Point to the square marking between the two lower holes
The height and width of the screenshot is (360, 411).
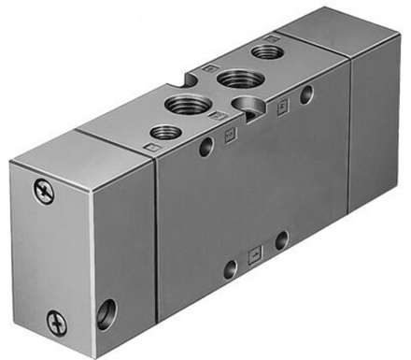tap(254, 254)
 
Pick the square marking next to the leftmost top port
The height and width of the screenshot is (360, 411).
tap(149, 148)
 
